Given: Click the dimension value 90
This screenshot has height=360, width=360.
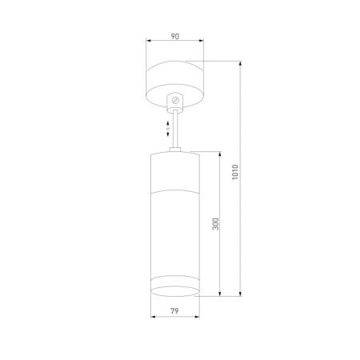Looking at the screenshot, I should tap(175, 36).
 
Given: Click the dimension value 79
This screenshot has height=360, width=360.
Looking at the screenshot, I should tap(174, 313).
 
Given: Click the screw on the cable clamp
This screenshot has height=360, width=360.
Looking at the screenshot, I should tap(175, 100).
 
